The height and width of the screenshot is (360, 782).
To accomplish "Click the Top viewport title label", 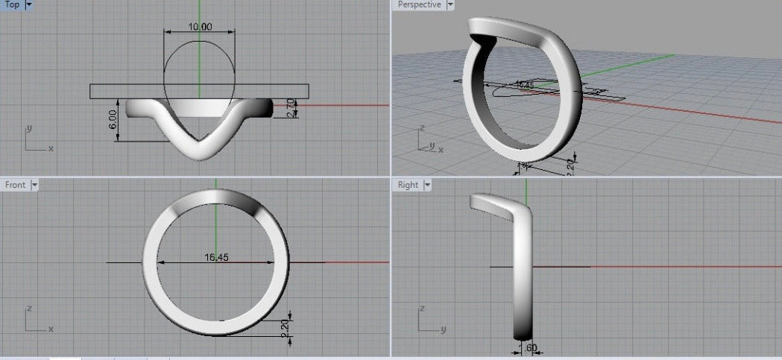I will pyautogui.click(x=12, y=4).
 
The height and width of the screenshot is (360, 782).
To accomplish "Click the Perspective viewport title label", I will pyautogui.click(x=420, y=4).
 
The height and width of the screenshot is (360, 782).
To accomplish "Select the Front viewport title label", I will pyautogui.click(x=15, y=184).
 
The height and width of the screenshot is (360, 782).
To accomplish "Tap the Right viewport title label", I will pyautogui.click(x=408, y=185).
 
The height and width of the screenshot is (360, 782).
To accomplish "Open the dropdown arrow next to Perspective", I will pyautogui.click(x=450, y=4).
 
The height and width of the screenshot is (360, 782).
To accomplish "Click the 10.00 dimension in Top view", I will pyautogui.click(x=200, y=27).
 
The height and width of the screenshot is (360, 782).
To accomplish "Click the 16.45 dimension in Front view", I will pyautogui.click(x=215, y=258).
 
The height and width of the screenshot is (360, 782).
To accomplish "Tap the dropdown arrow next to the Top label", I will pyautogui.click(x=29, y=4).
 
